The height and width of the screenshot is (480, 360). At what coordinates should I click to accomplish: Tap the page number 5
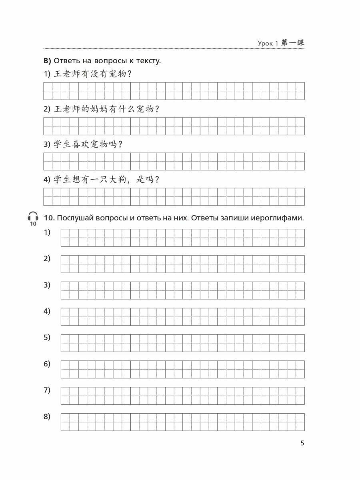[x=302, y=443]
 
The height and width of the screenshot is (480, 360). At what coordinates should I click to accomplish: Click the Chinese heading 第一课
[x=293, y=43]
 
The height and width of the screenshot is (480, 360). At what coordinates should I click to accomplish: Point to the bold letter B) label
[x=47, y=61]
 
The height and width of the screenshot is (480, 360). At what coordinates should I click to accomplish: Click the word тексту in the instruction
[x=147, y=61]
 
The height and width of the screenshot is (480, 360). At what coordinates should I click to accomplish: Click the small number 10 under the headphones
[x=33, y=224]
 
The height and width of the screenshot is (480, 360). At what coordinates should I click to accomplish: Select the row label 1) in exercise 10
[x=47, y=232]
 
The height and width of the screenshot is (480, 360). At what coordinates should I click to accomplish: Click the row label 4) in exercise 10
[x=47, y=311]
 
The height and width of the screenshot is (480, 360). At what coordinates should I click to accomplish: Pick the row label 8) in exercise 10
[x=47, y=417]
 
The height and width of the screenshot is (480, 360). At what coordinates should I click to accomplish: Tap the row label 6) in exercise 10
[x=47, y=364]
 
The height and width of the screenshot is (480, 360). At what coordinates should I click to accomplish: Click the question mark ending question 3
[x=120, y=144]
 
